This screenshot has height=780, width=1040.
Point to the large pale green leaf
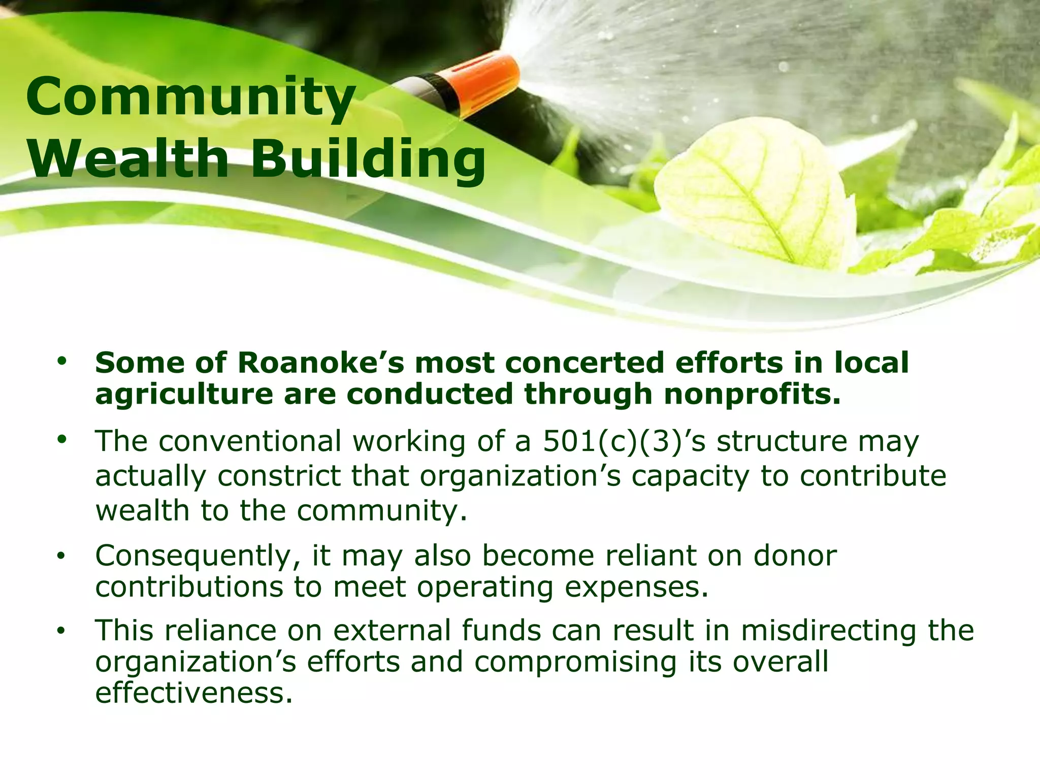[752, 193]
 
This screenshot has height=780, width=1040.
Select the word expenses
[636, 588]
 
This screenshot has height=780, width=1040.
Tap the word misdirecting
[828, 631]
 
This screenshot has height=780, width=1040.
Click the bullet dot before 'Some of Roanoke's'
[62, 362]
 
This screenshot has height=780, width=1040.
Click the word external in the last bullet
[392, 631]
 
